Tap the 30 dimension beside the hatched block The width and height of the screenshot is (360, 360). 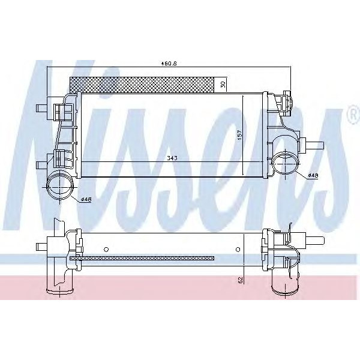tap(223, 84)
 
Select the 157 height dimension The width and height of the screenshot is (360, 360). tap(239, 136)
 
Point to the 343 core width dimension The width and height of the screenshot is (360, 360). tap(155, 158)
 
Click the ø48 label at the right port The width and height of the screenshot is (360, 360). tap(313, 175)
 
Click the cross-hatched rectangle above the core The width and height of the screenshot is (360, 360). tap(142, 84)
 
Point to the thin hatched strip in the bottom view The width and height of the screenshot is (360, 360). tap(142, 259)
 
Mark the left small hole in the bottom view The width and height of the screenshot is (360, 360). tap(106, 248)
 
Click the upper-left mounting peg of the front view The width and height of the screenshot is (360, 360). tap(42, 109)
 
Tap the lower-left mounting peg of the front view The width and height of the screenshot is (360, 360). tap(42, 163)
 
